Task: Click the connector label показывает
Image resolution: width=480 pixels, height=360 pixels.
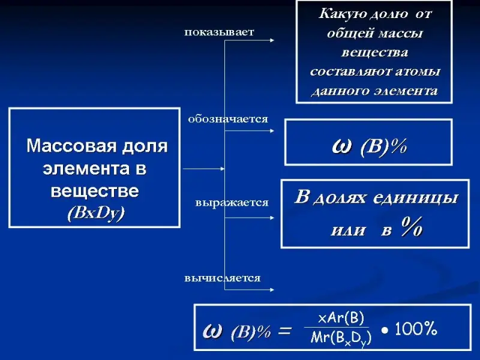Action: (x=219, y=32)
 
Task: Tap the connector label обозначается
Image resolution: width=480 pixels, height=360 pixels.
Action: (x=227, y=119)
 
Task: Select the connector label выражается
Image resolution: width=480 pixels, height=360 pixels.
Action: (x=232, y=203)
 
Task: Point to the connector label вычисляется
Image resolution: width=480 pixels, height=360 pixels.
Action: (x=222, y=278)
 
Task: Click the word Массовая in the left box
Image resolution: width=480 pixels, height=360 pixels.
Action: (x=64, y=146)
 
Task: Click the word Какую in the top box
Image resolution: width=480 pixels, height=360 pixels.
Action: (x=340, y=13)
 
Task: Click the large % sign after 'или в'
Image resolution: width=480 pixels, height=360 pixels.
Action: (x=412, y=229)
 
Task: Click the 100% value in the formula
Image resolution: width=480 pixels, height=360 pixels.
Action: (x=416, y=328)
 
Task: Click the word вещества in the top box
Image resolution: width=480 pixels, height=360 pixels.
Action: (x=374, y=53)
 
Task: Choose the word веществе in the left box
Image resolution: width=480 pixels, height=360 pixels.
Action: (x=95, y=191)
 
